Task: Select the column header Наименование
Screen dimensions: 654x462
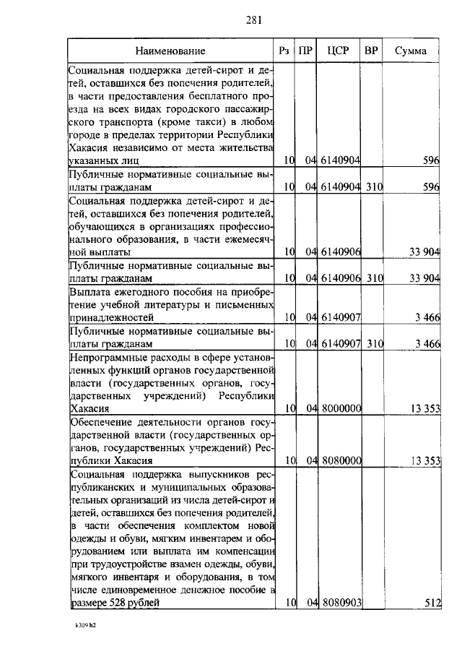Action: tap(170, 51)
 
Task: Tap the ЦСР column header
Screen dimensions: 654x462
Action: tap(338, 51)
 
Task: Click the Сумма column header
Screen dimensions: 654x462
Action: tap(410, 51)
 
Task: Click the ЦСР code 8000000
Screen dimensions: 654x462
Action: tap(341, 408)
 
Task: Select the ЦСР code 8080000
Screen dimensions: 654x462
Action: tap(341, 460)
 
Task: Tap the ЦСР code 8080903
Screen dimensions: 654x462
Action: tap(341, 602)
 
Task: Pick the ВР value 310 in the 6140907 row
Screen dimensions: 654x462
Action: tap(373, 343)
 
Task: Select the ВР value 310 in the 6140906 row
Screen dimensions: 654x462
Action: tap(373, 278)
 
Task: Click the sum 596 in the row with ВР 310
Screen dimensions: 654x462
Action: tap(431, 187)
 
